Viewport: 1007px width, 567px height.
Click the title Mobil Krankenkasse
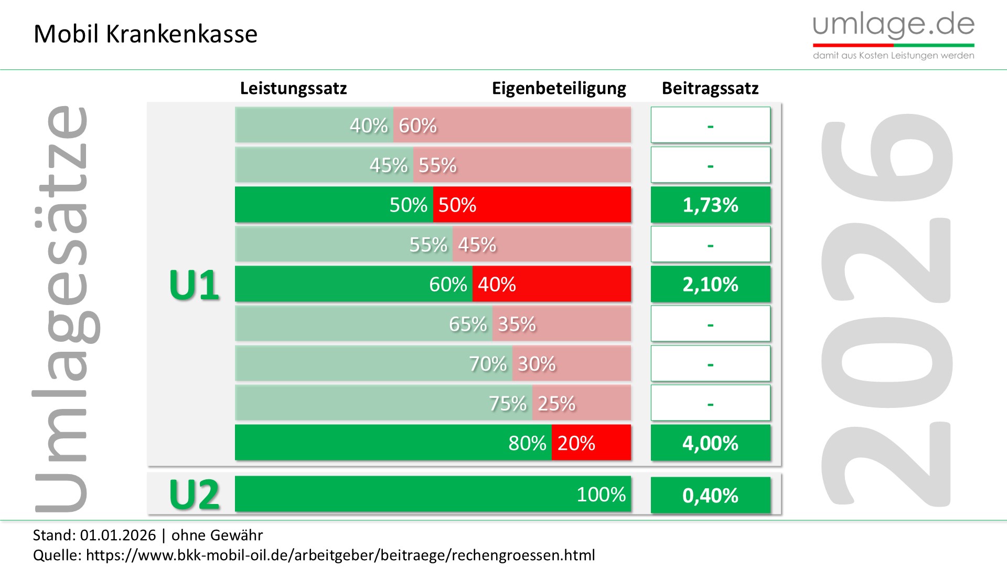pos(145,34)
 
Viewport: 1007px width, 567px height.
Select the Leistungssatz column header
pos(293,88)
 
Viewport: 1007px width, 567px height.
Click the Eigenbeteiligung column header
pos(559,88)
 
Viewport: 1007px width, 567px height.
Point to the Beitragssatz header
pos(710,88)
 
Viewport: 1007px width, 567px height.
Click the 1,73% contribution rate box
pos(710,205)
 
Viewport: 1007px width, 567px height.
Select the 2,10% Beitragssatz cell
pos(710,284)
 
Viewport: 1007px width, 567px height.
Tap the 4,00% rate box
pos(710,443)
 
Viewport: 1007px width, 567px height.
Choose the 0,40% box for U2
pos(710,495)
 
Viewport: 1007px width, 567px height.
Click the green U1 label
pos(194,285)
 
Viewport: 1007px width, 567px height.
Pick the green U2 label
pos(194,495)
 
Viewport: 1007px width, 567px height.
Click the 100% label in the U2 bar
pos(601,494)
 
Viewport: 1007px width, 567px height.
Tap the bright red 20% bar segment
pos(591,443)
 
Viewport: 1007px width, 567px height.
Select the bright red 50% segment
pos(532,205)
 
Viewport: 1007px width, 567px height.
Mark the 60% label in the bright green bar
pos(448,284)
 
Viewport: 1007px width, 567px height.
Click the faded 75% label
pos(507,403)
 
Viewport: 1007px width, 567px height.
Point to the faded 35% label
pos(517,324)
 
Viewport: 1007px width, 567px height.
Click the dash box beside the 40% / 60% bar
pos(710,125)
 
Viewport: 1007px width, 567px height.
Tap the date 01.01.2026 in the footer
pos(118,535)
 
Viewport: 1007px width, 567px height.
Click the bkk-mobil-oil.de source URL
pos(340,555)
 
